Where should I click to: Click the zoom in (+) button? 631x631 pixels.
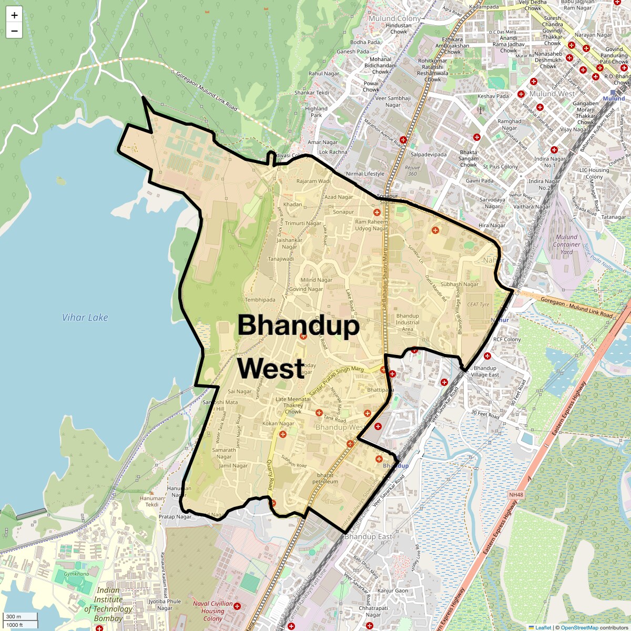pos(14,15)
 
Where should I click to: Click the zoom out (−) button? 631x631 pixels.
pos(14,31)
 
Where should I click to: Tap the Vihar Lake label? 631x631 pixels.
pos(85,318)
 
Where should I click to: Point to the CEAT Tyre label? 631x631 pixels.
pos(478,304)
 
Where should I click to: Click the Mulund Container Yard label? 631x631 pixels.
pos(566,245)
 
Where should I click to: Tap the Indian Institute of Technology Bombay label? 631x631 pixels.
pos(108,604)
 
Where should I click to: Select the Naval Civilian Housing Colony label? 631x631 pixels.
pos(212,611)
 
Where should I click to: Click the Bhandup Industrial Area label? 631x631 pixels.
pos(408,322)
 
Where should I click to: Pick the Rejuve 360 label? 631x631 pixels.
pos(412,170)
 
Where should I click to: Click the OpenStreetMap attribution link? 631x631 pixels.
pos(579,627)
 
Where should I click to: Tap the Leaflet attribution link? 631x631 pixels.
pos(543,627)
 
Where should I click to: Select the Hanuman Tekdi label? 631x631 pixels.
pos(152,501)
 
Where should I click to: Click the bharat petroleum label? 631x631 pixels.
pos(325,479)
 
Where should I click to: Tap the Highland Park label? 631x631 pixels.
pos(316,112)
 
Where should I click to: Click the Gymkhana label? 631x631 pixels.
pos(76,574)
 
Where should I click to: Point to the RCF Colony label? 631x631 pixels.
pos(507,339)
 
